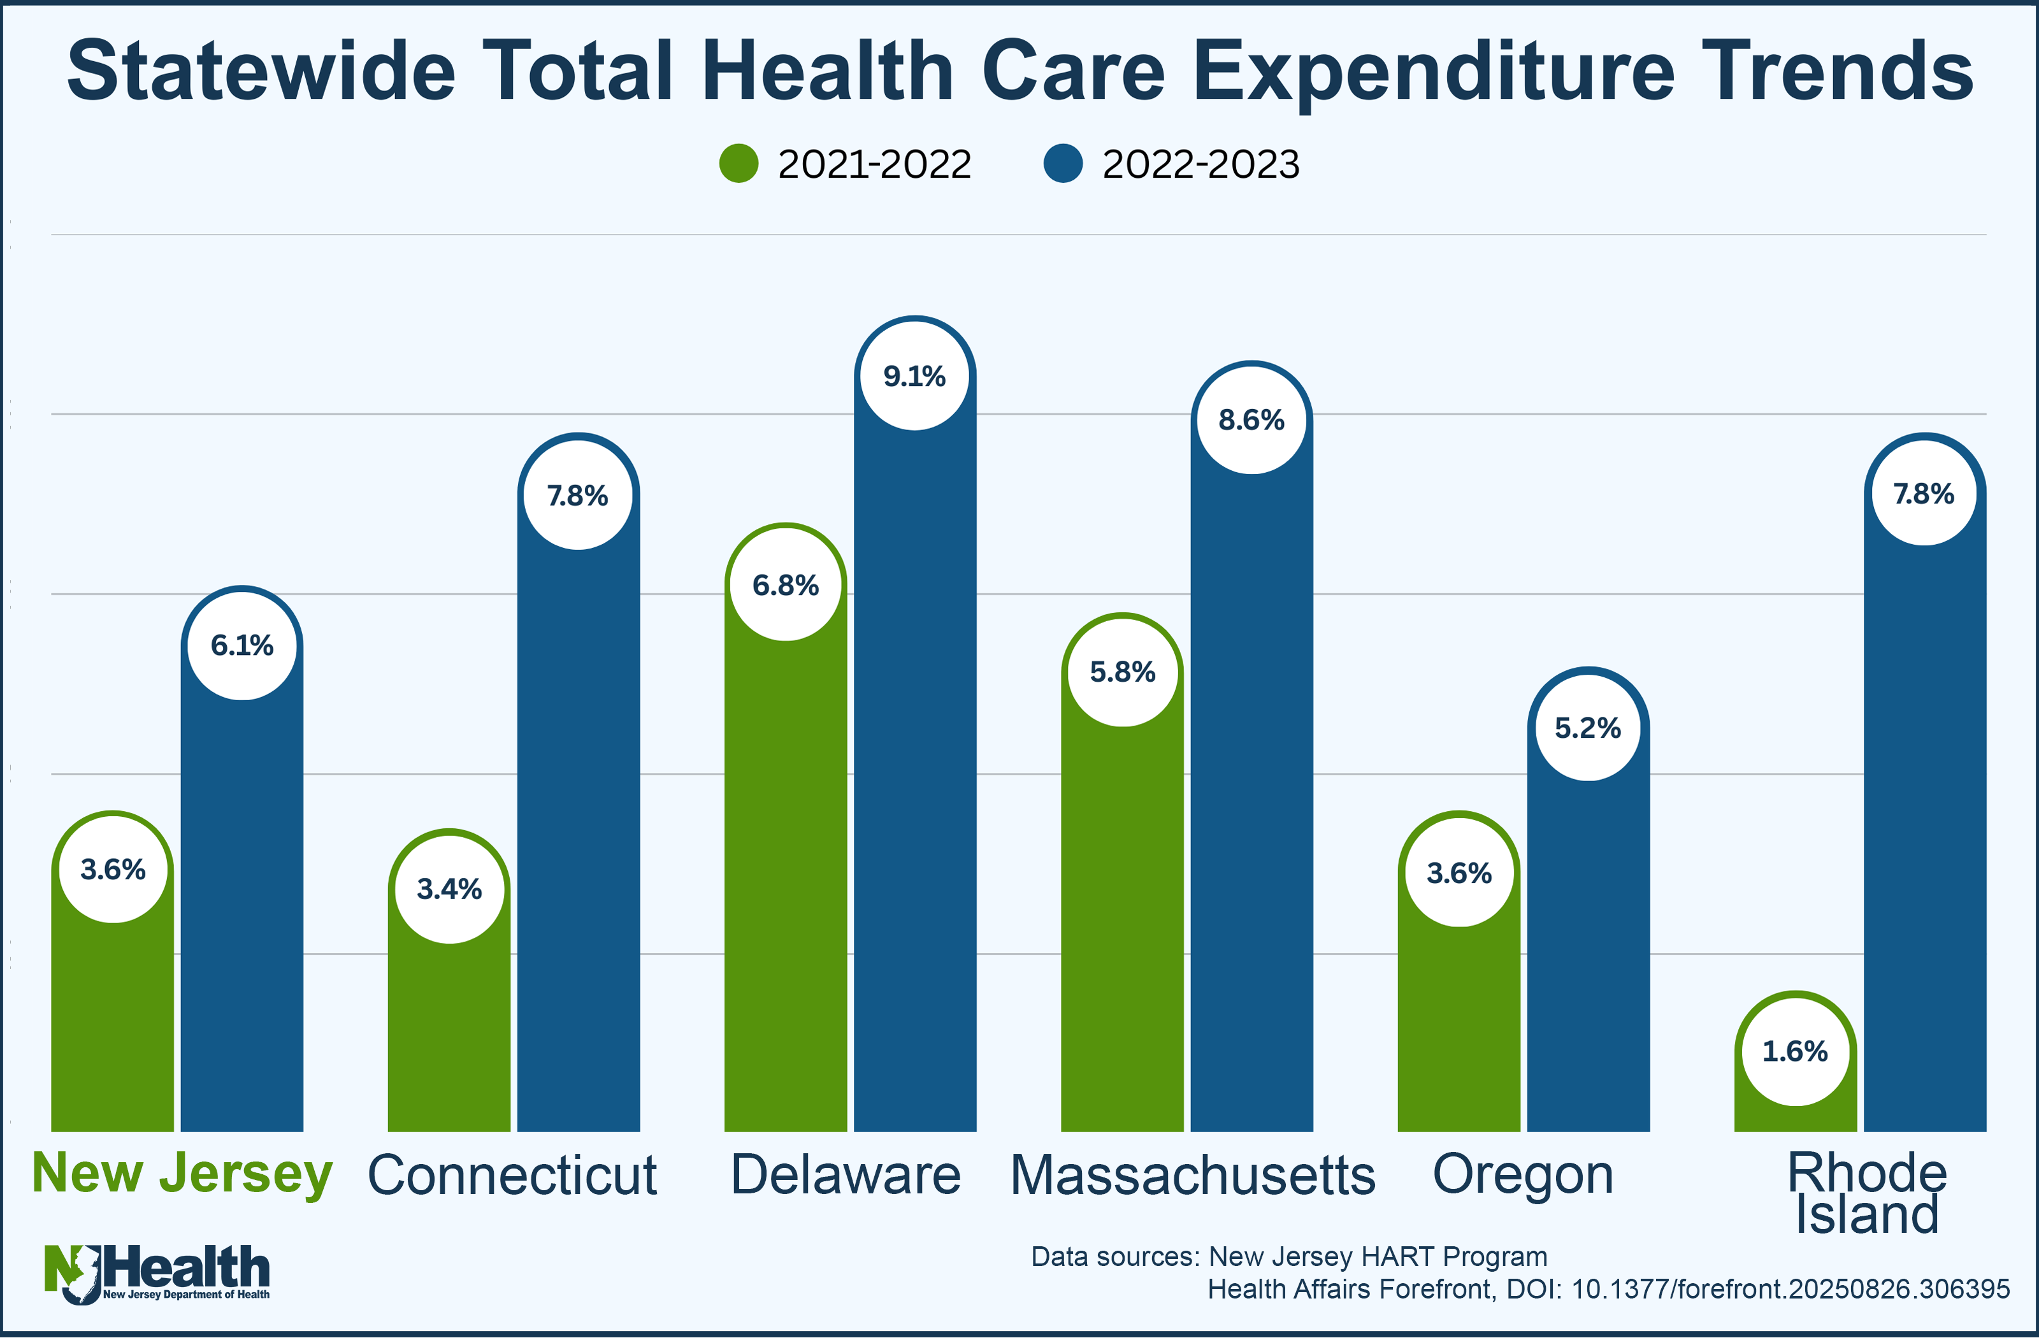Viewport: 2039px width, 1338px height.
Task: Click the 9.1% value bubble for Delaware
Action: click(x=914, y=375)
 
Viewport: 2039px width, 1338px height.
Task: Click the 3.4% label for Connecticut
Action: click(x=449, y=888)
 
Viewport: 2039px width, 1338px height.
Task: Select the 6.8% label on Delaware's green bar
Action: click(x=785, y=585)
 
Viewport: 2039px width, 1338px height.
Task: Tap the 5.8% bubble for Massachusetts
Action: click(x=1121, y=671)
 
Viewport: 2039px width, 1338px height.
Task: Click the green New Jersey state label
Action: click(x=182, y=1173)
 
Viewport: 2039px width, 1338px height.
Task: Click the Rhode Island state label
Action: click(x=1867, y=1192)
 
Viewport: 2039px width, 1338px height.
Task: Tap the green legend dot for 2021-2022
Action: click(x=739, y=164)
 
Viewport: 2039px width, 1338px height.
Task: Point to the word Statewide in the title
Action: click(x=261, y=72)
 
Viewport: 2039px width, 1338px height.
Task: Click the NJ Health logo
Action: click(x=157, y=1274)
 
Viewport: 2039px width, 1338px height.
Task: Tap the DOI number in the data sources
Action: click(x=1790, y=1288)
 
